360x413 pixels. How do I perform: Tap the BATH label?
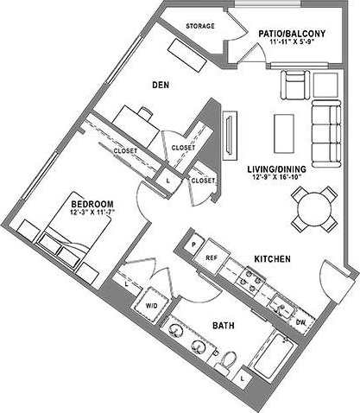[x=223, y=326]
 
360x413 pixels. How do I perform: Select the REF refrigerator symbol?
[x=211, y=257]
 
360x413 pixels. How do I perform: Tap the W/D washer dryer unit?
[x=150, y=306]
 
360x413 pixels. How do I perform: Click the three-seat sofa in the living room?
[x=325, y=132]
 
